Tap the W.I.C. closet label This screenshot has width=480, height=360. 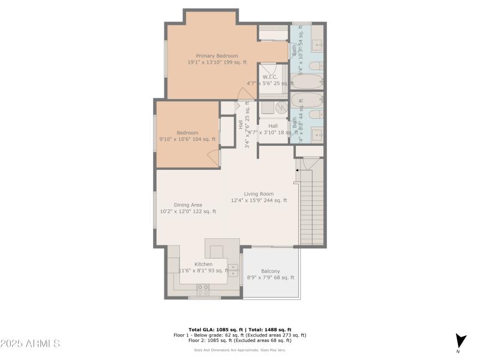coord(269,77)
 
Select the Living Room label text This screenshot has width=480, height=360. coord(259,194)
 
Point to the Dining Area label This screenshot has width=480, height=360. coord(188,205)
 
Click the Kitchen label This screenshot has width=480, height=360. coord(203,264)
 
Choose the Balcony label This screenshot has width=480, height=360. coord(271,271)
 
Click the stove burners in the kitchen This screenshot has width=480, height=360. coord(203,289)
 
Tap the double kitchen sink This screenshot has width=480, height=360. coord(233,269)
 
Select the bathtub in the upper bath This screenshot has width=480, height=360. coord(307,82)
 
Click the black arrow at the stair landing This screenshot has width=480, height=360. coord(296,170)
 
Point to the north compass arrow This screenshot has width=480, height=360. coord(460,340)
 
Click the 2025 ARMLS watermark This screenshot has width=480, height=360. coord(30,344)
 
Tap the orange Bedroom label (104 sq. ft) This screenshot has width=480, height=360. coord(187,133)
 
